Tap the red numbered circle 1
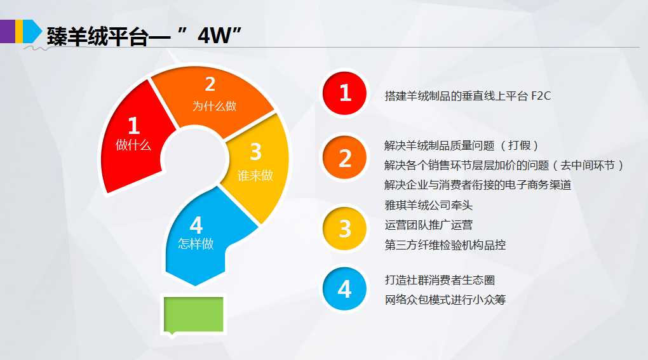[x=345, y=93]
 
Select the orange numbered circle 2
[x=345, y=157]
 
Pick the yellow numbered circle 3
[x=345, y=229]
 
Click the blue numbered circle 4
[x=345, y=289]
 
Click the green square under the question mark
[x=194, y=314]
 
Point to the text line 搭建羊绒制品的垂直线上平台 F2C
[x=468, y=97]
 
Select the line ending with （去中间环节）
[x=504, y=165]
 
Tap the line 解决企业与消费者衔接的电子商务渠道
[x=478, y=185]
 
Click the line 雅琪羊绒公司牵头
[x=429, y=205]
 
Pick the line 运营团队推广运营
[x=429, y=225]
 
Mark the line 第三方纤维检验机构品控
[x=445, y=245]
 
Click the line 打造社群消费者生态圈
[x=440, y=280]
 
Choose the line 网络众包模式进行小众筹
[x=445, y=300]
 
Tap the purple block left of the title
[x=8, y=31]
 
